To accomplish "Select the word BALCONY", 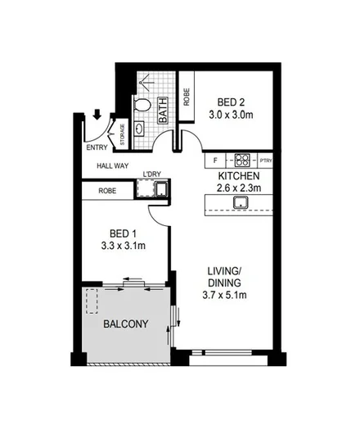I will (125, 324).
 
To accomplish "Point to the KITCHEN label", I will (239, 176).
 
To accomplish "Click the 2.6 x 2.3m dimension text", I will (239, 189).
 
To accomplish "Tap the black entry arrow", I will (97, 116).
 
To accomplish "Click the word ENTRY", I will (97, 148).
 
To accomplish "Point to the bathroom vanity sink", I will (137, 129).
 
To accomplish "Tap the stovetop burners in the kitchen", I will (242, 160).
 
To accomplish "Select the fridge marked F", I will (214, 160).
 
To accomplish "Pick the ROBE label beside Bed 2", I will (186, 99).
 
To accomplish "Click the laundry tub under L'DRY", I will (161, 192).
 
